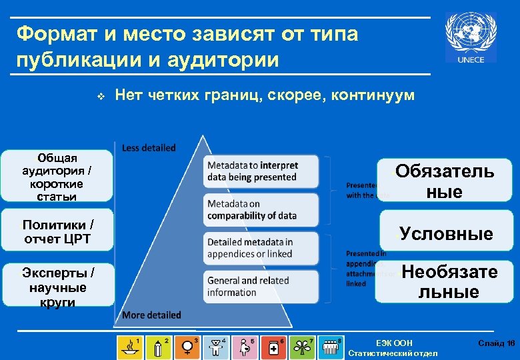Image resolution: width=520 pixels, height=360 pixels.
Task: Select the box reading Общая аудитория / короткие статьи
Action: click(x=56, y=177)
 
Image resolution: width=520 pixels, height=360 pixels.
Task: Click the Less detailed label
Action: click(x=149, y=148)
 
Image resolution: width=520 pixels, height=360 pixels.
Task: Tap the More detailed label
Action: click(x=151, y=315)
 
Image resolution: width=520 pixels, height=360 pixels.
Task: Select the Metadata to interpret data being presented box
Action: click(x=253, y=171)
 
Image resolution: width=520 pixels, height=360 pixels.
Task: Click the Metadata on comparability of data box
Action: click(x=253, y=210)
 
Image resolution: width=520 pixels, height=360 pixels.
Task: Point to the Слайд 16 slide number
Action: click(x=496, y=343)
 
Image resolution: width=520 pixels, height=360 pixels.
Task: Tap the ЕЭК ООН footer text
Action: click(x=394, y=343)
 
